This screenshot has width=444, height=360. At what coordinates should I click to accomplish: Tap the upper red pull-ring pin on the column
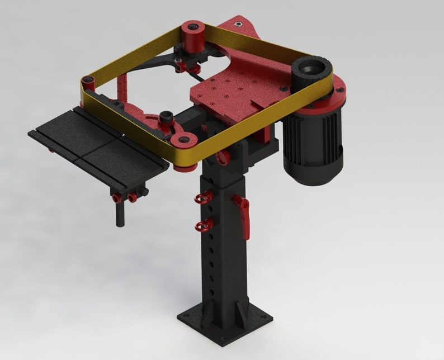point(203,197)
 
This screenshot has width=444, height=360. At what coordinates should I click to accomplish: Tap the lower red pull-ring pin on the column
point(202,225)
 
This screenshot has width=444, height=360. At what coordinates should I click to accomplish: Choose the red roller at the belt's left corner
point(88,84)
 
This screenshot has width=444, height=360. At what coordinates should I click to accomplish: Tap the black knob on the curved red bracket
point(166,117)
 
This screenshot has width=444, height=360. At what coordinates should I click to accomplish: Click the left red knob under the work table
point(117,198)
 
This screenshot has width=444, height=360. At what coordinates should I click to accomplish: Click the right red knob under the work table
point(134,197)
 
